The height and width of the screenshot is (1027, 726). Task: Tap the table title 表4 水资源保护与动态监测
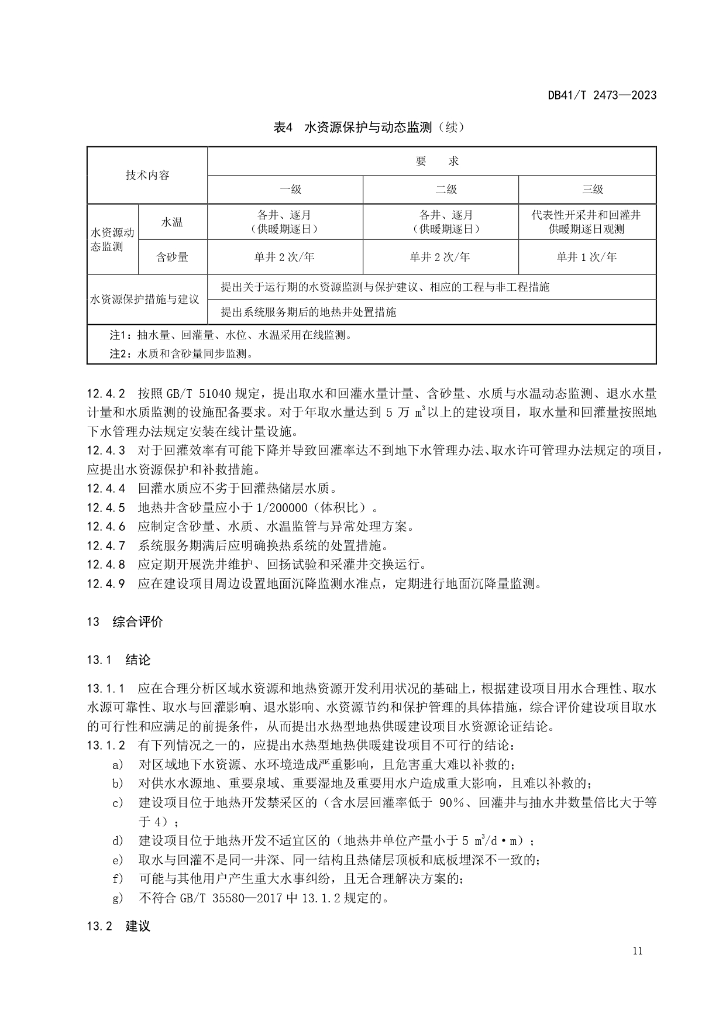coord(369,127)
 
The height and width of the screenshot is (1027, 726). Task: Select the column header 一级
coord(290,189)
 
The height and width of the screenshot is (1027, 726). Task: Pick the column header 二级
coord(446,189)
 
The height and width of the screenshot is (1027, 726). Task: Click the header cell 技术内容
coord(147,175)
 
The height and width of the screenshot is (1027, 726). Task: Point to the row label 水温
coord(172,222)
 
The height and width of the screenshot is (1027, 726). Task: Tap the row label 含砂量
coord(172,257)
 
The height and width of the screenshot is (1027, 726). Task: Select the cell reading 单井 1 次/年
coord(587,257)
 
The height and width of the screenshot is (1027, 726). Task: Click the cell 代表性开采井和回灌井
coord(586,215)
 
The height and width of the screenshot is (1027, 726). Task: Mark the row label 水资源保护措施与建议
coord(144,300)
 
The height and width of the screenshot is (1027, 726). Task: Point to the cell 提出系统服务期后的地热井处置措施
coord(308,312)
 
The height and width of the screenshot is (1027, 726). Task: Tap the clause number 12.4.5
coord(106,507)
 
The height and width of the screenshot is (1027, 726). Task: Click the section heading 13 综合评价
coord(125,621)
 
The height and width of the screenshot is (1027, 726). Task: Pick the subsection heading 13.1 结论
coord(119,660)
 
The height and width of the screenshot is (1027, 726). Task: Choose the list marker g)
coord(118,897)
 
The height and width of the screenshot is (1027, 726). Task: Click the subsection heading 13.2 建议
coord(119,926)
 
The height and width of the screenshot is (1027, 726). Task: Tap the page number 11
coord(638,951)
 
